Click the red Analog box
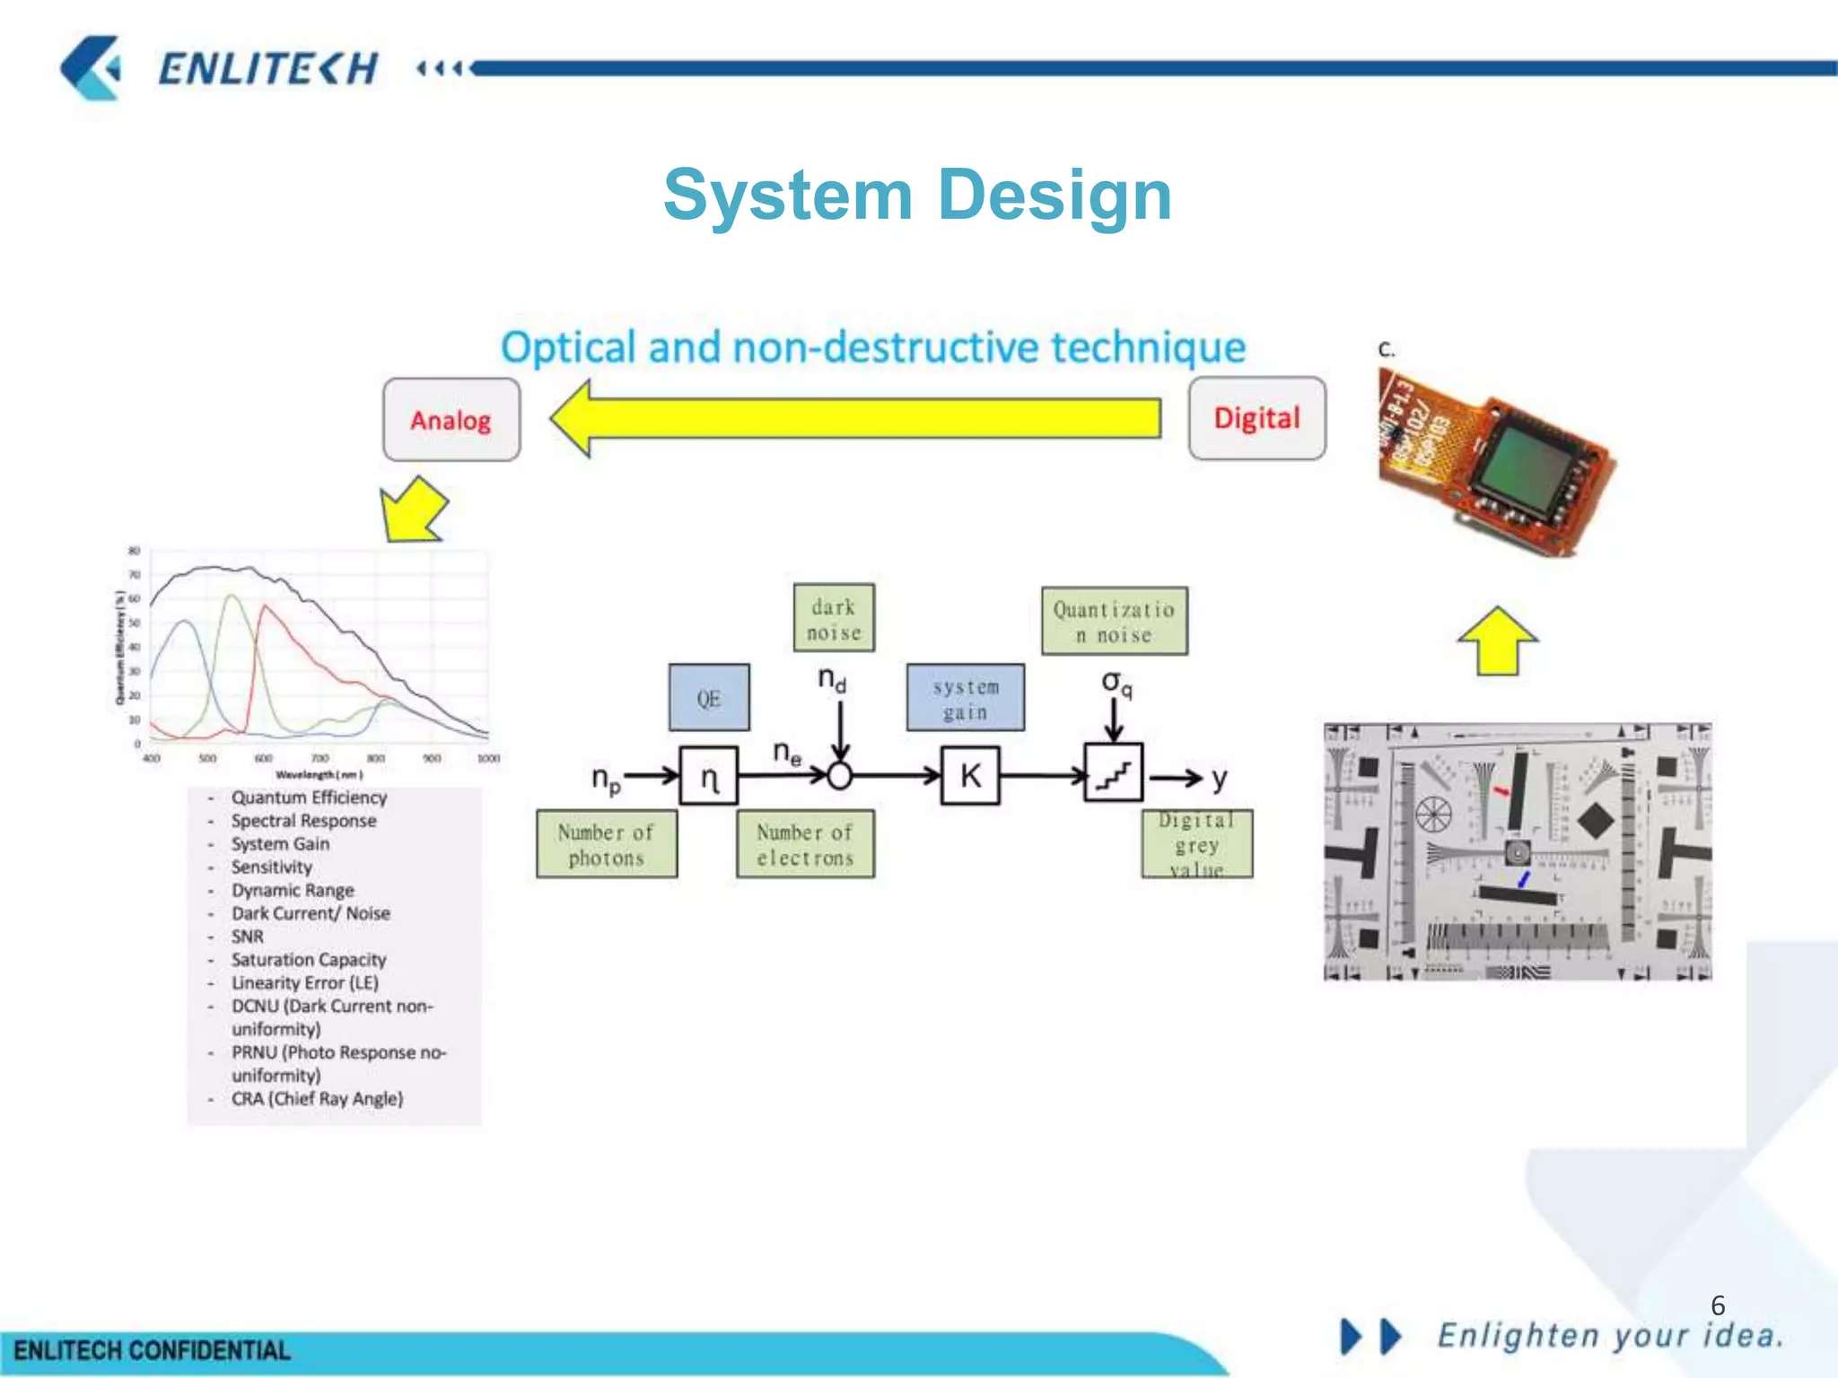tap(451, 420)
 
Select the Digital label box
tap(1256, 418)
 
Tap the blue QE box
tap(708, 698)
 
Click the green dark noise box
tap(834, 619)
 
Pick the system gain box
tap(965, 698)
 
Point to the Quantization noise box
tap(1114, 622)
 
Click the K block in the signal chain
tap(970, 775)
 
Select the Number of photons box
tap(607, 844)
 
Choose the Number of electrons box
tap(805, 844)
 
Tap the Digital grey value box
tap(1196, 844)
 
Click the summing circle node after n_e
tap(839, 775)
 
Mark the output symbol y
tap(1218, 779)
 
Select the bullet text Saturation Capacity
tap(308, 960)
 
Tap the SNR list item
tap(248, 937)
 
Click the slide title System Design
tap(917, 195)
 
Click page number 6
tap(1718, 1304)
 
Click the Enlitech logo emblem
tap(91, 67)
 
